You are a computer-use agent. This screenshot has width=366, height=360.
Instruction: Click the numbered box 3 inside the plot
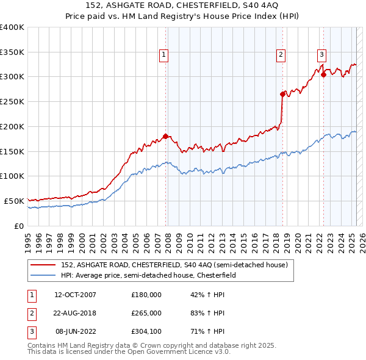coord(321,53)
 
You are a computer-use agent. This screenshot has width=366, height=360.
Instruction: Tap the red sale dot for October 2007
coord(165,136)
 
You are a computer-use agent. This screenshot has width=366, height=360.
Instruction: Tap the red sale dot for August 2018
coord(282,94)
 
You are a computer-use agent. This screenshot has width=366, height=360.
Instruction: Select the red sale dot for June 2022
coord(323,74)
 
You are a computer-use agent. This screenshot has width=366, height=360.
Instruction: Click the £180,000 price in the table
coord(146,295)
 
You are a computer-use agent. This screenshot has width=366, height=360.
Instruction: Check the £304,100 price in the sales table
coord(146,331)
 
